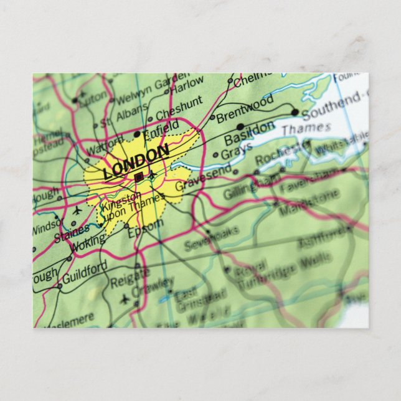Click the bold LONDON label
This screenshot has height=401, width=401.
(x=136, y=161)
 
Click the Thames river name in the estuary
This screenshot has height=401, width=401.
(x=298, y=128)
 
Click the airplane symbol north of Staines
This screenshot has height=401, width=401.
(x=77, y=210)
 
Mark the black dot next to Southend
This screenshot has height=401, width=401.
(x=295, y=113)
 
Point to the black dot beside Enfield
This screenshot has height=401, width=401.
(x=137, y=134)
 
